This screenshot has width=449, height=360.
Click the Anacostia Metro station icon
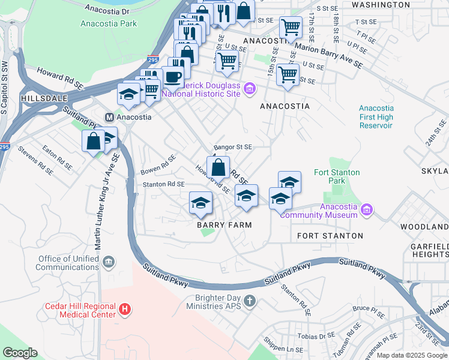[x=109, y=116]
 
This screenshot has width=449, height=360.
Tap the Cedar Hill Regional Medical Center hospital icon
[x=124, y=310]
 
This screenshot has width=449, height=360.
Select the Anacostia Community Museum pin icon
[x=367, y=211]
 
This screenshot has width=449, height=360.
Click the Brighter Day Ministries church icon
[x=250, y=301]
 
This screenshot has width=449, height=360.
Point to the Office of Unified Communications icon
[x=109, y=262]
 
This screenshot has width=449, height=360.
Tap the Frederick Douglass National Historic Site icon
[x=250, y=90]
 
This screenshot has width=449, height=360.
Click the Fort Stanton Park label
[x=337, y=176]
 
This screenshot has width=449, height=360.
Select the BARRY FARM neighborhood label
[x=224, y=224]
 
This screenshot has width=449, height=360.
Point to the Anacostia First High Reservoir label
[x=376, y=116]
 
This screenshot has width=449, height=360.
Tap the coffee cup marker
[x=173, y=77]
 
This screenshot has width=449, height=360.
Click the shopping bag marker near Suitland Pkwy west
[x=93, y=142]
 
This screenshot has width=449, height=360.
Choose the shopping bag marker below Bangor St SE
[x=219, y=167]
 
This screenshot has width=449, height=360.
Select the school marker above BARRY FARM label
[x=201, y=202]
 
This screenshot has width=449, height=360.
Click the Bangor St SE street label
[x=233, y=146]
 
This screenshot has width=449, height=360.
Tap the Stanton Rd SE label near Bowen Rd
[x=163, y=184]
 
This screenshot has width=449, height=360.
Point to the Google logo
[x=20, y=353]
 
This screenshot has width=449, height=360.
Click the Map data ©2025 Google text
[x=412, y=355]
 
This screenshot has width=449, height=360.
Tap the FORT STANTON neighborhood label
[x=330, y=236]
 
